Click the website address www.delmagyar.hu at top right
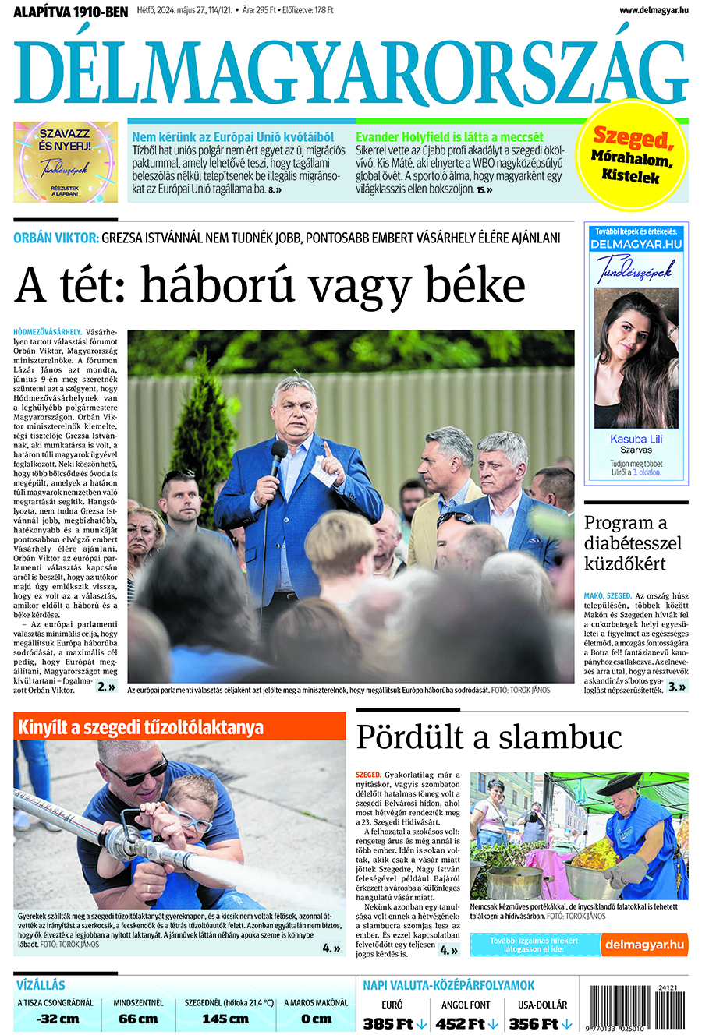[x=654, y=10]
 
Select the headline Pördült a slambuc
[x=489, y=737]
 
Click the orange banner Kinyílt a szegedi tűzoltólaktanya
[x=179, y=727]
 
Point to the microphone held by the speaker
[x=278, y=455]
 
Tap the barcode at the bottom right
[x=638, y=1010]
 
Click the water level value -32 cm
[x=58, y=1019]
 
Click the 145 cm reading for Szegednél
[x=225, y=1019]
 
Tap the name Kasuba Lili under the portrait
[x=636, y=439]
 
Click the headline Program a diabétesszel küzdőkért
[x=633, y=543]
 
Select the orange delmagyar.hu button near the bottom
[x=644, y=945]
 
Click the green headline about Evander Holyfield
[x=449, y=137]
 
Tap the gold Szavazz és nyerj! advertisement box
[x=66, y=161]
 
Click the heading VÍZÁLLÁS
[x=41, y=985]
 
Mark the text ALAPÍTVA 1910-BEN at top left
[x=70, y=11]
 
